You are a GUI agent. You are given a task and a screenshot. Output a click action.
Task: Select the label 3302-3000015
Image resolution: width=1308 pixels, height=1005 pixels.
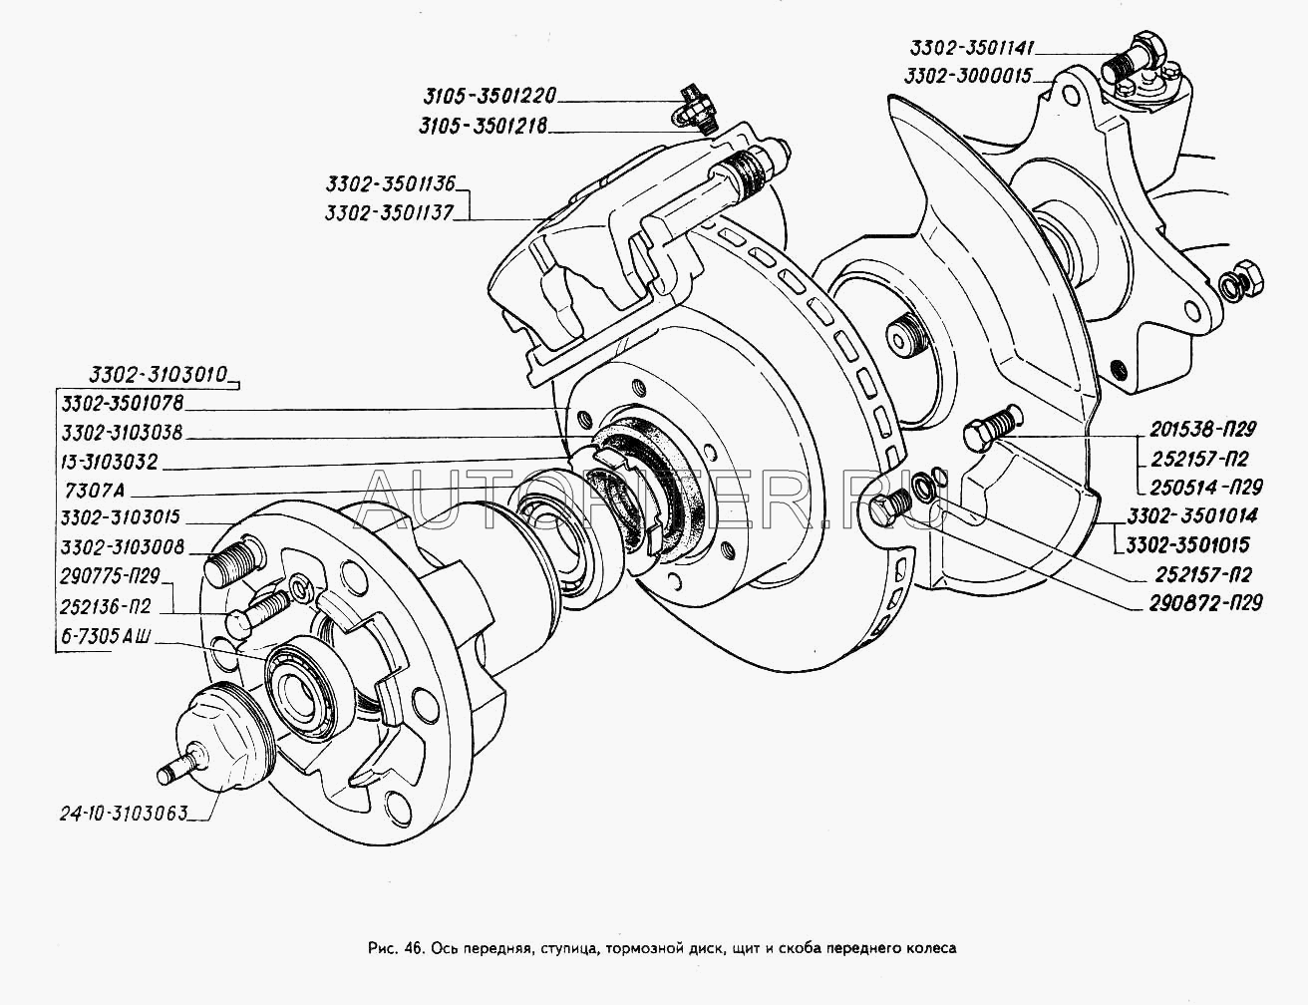pos(970,76)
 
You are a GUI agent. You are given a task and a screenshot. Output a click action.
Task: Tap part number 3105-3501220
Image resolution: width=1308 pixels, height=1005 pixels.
pos(487,97)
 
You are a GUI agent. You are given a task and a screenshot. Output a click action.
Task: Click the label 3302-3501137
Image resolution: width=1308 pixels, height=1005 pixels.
pos(389,212)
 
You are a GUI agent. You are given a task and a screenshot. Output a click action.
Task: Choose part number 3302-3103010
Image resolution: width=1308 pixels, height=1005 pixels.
pos(145,376)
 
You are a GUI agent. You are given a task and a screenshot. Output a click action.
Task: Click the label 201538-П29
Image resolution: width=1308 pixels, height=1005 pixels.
pos(1200,431)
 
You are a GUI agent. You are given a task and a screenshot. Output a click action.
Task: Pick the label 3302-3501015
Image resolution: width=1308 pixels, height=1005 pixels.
pos(1188,545)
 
